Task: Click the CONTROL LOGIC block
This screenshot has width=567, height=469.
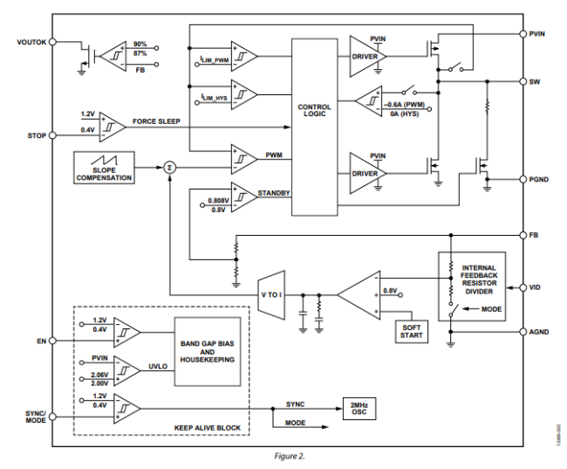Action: click(315, 128)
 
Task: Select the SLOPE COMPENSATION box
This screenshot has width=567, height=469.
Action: click(104, 168)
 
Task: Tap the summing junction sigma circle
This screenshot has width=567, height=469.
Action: click(169, 168)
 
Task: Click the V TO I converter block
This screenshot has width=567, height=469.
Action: click(271, 295)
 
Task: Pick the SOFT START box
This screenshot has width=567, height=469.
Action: click(412, 331)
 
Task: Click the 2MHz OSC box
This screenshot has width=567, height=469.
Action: click(359, 409)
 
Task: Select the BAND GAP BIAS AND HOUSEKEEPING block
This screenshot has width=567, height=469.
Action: click(208, 352)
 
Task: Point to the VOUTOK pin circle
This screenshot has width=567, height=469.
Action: click(53, 42)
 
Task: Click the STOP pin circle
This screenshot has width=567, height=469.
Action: click(53, 135)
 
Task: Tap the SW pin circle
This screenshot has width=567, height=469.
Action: click(523, 81)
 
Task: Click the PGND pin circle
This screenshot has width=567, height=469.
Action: click(523, 179)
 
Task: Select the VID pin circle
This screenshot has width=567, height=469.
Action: click(523, 287)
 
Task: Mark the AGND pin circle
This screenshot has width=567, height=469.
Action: click(523, 332)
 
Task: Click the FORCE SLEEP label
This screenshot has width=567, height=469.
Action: click(156, 121)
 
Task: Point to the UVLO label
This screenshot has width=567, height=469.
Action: click(158, 367)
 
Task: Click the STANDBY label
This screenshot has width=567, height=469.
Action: click(274, 193)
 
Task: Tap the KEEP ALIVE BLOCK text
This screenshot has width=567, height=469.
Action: click(208, 428)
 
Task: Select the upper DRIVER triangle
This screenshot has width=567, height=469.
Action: click(365, 56)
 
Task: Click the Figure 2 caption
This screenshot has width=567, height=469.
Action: click(290, 456)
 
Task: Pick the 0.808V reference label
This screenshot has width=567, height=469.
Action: click(218, 201)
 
